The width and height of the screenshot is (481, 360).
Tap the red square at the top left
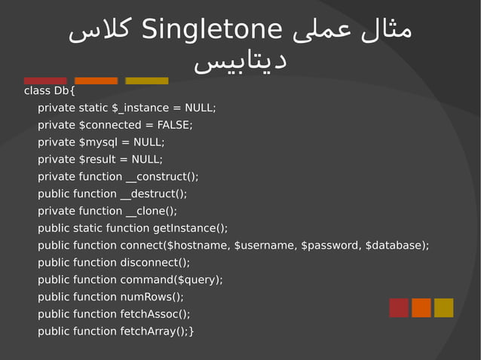(x=45, y=81)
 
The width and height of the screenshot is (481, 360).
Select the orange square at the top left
(x=96, y=81)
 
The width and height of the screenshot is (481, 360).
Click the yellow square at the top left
(x=146, y=81)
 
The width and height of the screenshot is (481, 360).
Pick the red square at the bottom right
(x=399, y=307)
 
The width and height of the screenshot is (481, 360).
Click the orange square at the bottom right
(x=421, y=307)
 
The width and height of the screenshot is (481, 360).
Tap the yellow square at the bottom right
(x=444, y=307)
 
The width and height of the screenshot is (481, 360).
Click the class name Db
(x=61, y=91)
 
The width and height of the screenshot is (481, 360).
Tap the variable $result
(x=97, y=159)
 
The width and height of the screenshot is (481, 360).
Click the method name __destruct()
(x=153, y=194)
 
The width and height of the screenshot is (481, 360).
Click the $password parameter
(x=329, y=246)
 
